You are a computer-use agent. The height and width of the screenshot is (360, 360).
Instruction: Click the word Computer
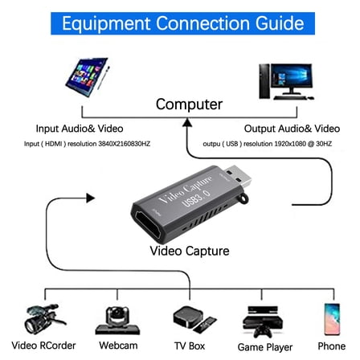[188, 104]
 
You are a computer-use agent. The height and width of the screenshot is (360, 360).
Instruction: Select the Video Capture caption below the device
[189, 252]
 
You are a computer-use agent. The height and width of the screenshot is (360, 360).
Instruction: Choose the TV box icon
[190, 317]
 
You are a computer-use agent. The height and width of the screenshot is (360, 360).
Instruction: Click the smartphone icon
[329, 317]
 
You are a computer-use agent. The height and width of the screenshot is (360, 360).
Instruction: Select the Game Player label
[266, 348]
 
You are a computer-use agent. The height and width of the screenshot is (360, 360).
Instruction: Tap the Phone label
[329, 348]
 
